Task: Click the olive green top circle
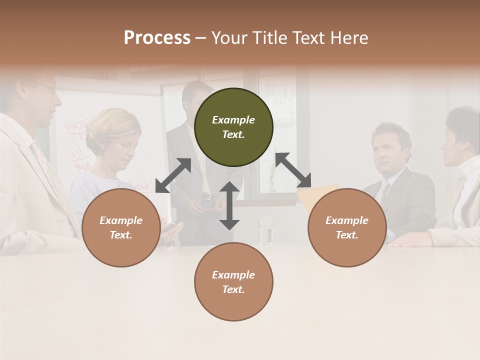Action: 233,127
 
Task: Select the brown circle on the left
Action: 121,227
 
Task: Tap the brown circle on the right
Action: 347,227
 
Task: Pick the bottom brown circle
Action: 233,281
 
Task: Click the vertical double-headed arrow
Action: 229,205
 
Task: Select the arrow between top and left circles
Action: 173,175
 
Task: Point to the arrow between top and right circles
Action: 293,170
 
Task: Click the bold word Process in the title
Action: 157,37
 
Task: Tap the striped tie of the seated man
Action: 382,190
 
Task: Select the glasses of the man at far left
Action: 47,86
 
